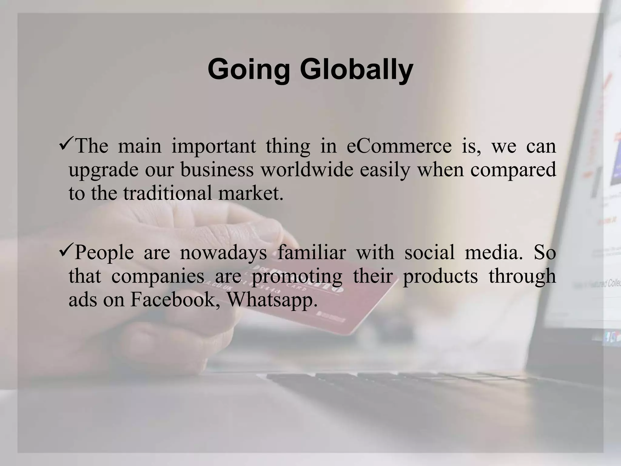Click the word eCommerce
tap(399, 146)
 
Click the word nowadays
tap(223, 252)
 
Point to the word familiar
tap(311, 252)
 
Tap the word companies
tap(158, 276)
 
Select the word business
tap(217, 170)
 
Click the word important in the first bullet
tap(214, 147)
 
